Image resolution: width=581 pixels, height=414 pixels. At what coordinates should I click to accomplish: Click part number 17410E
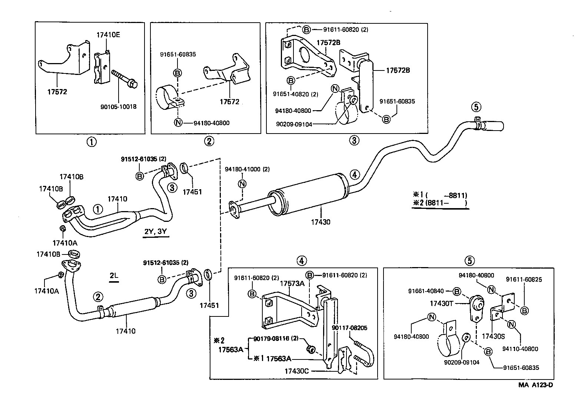coord(108,35)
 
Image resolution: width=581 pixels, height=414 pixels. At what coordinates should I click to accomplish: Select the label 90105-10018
coord(118,106)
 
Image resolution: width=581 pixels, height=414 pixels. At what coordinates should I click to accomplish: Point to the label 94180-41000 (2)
coord(247,169)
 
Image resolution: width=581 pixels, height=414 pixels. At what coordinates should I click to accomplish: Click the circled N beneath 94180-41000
coord(242,184)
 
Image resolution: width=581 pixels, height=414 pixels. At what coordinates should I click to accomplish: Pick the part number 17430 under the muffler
coord(321,222)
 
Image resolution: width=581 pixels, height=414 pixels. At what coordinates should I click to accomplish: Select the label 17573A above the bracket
coord(292,283)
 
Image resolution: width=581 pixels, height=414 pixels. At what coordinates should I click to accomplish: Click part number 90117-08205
coord(349,328)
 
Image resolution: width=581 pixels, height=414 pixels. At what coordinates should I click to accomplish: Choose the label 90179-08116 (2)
coord(276,339)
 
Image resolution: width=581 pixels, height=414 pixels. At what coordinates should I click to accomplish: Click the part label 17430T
coord(441,303)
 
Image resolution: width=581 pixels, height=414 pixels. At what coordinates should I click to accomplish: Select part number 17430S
coord(492,336)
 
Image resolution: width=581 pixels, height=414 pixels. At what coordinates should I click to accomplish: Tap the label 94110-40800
coord(520,349)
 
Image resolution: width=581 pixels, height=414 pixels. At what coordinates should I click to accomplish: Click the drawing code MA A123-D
coord(535,385)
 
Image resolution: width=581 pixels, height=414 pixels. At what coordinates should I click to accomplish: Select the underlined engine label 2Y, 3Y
coord(156,232)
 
